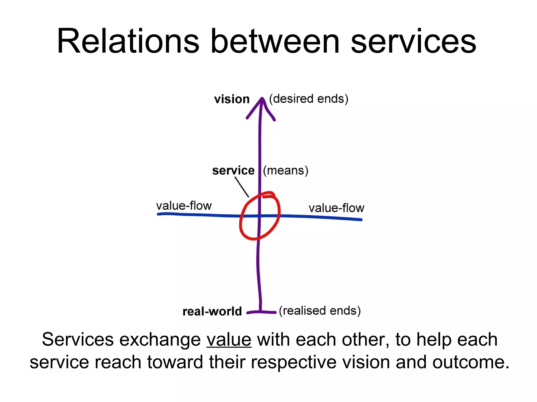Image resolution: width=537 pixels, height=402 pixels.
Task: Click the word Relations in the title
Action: pyautogui.click(x=128, y=42)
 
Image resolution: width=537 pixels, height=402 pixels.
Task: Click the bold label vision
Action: pyautogui.click(x=232, y=99)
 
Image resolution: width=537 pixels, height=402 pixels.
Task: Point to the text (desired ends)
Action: pyautogui.click(x=309, y=99)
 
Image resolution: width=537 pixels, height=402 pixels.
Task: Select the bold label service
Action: pyautogui.click(x=233, y=171)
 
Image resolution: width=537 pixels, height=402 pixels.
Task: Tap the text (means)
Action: pyautogui.click(x=286, y=171)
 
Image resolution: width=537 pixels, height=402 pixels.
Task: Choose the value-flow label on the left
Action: pyautogui.click(x=184, y=206)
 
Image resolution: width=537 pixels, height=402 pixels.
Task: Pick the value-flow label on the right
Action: pyautogui.click(x=336, y=208)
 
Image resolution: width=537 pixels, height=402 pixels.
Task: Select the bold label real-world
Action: pyautogui.click(x=212, y=311)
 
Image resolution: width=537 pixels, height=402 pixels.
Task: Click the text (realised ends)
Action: pyautogui.click(x=320, y=311)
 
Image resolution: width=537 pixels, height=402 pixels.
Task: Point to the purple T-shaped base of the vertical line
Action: pyautogui.click(x=261, y=311)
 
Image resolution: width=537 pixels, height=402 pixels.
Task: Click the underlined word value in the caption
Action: pyautogui.click(x=229, y=340)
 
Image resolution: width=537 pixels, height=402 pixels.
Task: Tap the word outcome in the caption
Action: pyautogui.click(x=471, y=362)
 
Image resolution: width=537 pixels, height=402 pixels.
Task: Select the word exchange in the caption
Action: pyautogui.click(x=160, y=340)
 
